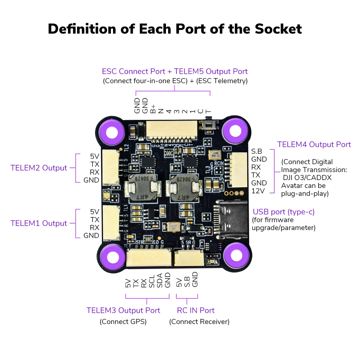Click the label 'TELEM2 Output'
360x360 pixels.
click(39, 168)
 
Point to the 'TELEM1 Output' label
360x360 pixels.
click(39, 223)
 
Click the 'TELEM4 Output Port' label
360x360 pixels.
click(314, 144)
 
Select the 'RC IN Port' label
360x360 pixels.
click(195, 310)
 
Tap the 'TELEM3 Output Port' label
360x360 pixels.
click(123, 310)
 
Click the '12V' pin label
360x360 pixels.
click(258, 191)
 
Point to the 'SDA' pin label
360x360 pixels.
click(159, 282)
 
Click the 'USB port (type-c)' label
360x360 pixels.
click(284, 212)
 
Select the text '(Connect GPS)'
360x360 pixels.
click(123, 321)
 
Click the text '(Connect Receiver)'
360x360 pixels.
click(199, 321)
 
